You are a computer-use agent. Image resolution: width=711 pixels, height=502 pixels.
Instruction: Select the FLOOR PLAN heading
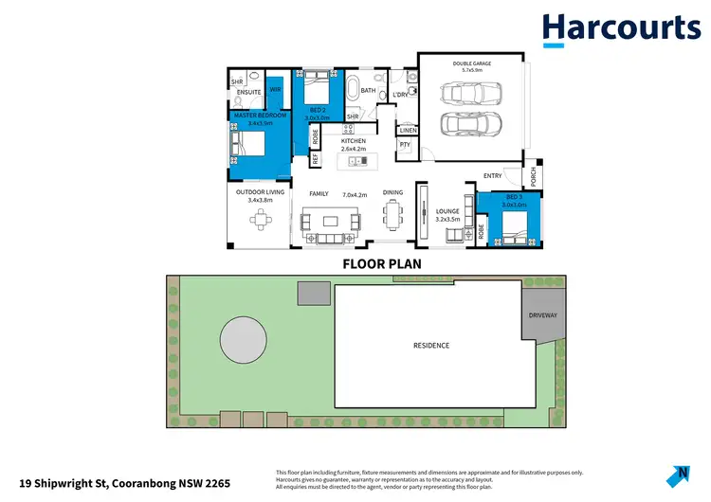click(381, 264)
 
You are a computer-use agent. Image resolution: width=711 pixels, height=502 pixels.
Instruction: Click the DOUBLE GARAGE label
click(471, 64)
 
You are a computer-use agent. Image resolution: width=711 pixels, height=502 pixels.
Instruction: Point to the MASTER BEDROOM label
click(253, 115)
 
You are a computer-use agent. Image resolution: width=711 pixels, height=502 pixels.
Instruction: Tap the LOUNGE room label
click(447, 211)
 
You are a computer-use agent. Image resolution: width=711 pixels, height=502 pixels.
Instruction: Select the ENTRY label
click(492, 175)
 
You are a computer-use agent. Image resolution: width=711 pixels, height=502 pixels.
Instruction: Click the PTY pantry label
click(405, 144)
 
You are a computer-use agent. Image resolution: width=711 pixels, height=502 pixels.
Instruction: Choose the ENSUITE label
click(248, 92)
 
